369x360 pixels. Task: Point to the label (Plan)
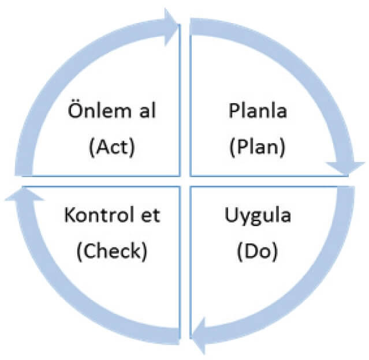[255, 147]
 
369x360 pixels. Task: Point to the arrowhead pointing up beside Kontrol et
[22, 196]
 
